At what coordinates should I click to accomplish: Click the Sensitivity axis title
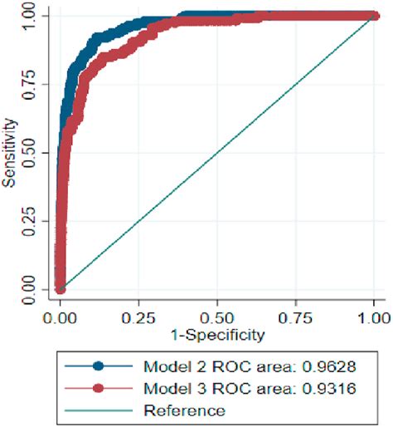tap(10, 152)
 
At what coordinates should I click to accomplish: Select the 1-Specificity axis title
tap(216, 335)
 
